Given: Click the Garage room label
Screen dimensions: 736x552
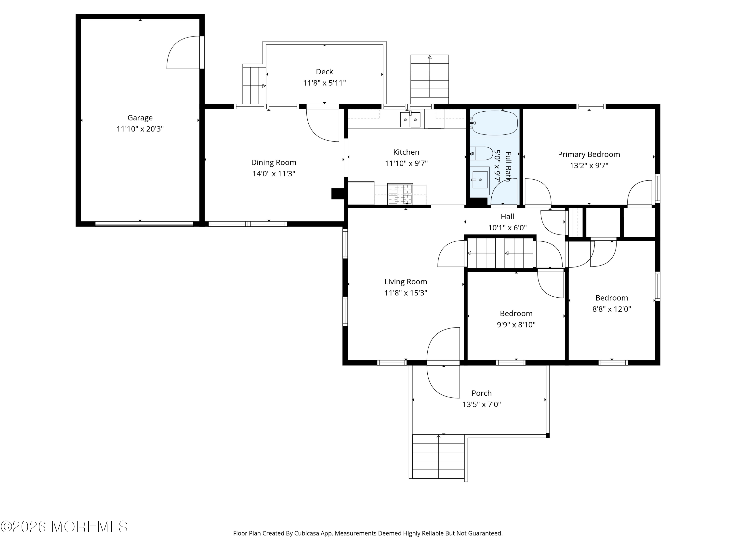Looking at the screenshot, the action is (x=140, y=118).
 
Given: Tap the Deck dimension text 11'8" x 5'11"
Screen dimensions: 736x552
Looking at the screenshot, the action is (x=324, y=83).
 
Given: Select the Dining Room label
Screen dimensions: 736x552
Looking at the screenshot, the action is (x=274, y=162).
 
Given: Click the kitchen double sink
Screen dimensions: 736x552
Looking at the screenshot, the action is (x=410, y=120).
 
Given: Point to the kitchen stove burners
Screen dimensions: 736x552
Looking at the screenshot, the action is (x=400, y=194).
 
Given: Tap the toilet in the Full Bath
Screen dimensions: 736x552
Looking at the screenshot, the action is (x=481, y=153).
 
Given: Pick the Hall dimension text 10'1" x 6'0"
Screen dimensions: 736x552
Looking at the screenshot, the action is (x=507, y=228).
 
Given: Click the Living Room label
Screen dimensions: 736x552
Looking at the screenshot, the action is (x=406, y=282).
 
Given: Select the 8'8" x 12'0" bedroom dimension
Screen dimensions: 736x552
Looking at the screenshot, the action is (x=612, y=309).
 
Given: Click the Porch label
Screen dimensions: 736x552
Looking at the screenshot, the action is (x=481, y=393).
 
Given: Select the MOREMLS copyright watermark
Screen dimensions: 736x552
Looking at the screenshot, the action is (x=64, y=527).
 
